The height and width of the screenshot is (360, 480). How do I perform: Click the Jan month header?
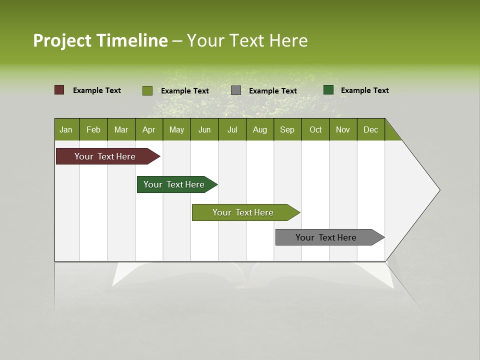pos(66,129)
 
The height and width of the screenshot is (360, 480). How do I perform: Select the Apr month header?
pos(148,129)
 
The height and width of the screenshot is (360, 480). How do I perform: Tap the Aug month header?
pos(259,129)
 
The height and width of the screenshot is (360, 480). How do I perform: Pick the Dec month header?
pos(370,129)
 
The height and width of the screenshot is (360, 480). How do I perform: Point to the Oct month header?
pos(315,129)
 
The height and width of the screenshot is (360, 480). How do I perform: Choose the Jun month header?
pos(204,129)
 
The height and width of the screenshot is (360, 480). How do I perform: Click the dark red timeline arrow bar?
pos(105,156)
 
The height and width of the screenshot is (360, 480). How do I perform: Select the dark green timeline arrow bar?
pos(174,184)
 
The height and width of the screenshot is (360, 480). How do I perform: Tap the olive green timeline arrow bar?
pos(243,212)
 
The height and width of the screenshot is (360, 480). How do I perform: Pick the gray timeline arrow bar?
pos(326,237)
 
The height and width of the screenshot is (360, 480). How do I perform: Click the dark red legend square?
pos(59,90)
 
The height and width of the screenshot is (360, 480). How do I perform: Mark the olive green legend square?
pos(147,90)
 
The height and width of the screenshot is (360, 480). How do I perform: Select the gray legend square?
pos(236,90)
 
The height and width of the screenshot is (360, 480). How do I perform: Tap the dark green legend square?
pos(328,90)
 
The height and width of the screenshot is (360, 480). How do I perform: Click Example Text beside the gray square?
pos(272,91)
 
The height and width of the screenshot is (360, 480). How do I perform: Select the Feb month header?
pos(93,129)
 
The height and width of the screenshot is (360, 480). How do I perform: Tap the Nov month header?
pos(342,129)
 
